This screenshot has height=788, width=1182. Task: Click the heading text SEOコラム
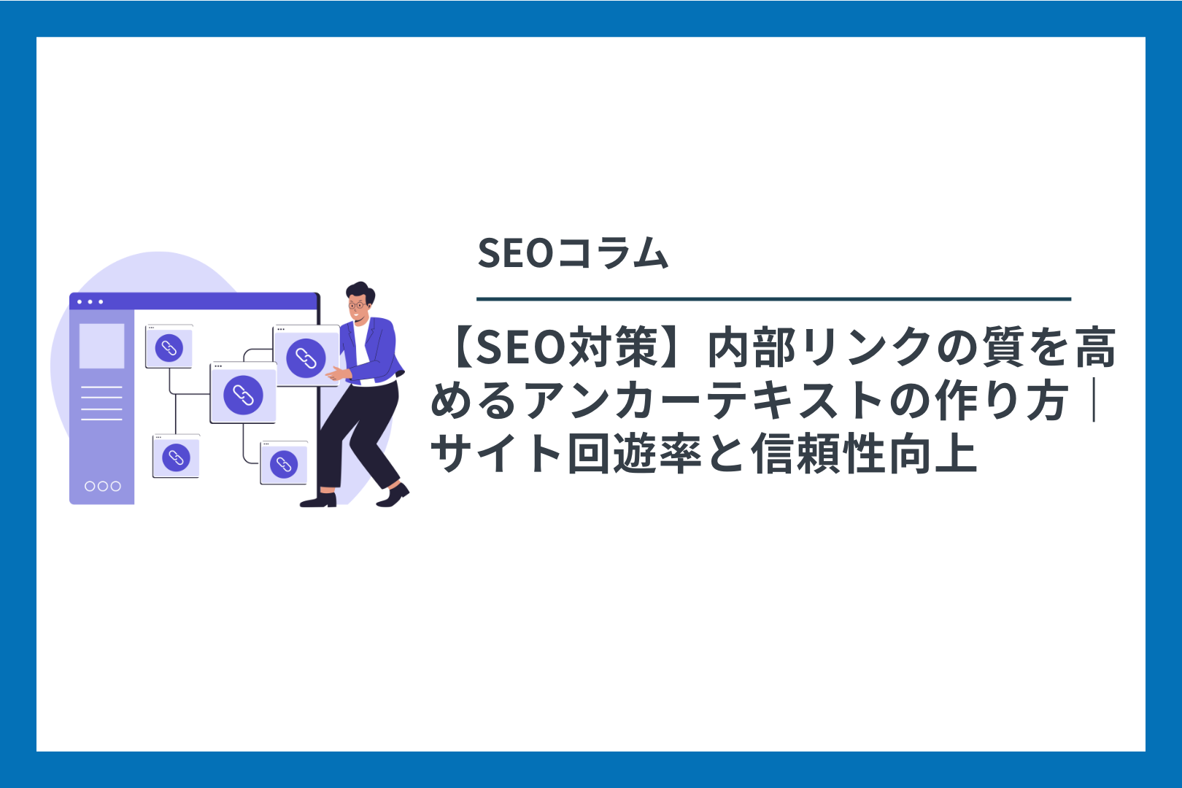573,253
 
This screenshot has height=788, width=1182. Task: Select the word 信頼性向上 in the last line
864,454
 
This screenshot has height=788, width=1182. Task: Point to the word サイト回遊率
565,454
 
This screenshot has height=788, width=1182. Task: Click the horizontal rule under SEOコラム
773,298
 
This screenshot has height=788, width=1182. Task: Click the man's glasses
357,304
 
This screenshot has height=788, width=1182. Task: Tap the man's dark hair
361,291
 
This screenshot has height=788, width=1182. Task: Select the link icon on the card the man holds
306,358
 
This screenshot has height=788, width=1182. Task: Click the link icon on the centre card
243,395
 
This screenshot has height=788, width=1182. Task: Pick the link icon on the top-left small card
169,348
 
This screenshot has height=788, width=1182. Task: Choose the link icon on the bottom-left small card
176,457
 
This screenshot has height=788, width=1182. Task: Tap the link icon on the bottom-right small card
284,465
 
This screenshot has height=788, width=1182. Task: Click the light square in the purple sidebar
102,346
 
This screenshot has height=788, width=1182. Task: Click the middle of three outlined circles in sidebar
103,486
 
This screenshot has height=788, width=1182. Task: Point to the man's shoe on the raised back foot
393,496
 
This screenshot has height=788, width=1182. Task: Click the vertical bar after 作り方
1095,401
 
